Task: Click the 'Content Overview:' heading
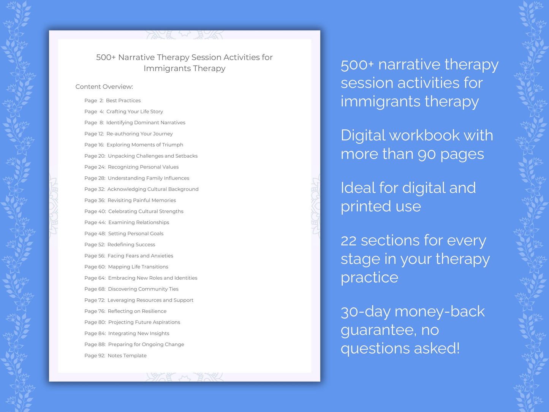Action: click(x=104, y=87)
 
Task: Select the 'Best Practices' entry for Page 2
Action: click(x=123, y=101)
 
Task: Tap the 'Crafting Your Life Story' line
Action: click(x=134, y=112)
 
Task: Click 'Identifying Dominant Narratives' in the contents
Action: click(x=146, y=123)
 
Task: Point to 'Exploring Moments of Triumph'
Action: click(x=145, y=145)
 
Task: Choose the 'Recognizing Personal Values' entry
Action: click(x=143, y=167)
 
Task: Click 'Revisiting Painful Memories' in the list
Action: click(x=141, y=200)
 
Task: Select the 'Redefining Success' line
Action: click(x=131, y=245)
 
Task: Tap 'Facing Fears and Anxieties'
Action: click(x=140, y=256)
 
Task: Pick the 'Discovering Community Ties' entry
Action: click(x=143, y=289)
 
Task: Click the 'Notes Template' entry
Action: click(x=127, y=356)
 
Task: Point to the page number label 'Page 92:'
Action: click(x=95, y=356)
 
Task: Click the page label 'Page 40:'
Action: click(x=95, y=211)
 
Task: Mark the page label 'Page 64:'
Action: click(x=95, y=278)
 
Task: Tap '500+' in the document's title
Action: click(x=106, y=57)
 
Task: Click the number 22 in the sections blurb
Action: click(x=348, y=241)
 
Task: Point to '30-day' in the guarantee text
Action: click(x=365, y=312)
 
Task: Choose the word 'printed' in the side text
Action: click(x=365, y=207)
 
